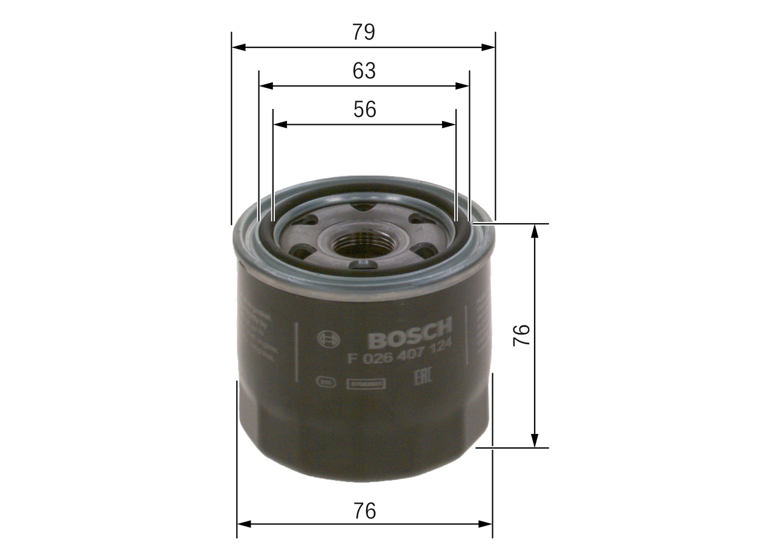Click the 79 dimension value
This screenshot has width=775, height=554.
coord(364,32)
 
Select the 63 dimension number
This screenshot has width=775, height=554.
coord(364,71)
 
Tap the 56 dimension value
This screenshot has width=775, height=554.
coord(364,109)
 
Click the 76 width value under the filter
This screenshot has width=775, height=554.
coord(364,511)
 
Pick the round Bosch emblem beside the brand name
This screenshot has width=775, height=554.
coord(329,339)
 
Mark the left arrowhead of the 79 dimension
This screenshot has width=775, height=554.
coord(238,47)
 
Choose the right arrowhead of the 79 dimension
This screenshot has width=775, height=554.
coord(489,47)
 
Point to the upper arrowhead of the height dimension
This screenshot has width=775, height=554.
coord(534,230)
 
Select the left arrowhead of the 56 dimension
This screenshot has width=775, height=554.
coord(280,124)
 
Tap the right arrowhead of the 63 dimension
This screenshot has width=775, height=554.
coord(463,86)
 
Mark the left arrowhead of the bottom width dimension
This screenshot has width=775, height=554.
coord(243,524)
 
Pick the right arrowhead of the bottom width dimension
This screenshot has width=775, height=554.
coord(486,524)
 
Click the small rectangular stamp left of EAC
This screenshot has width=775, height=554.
coord(366,383)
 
